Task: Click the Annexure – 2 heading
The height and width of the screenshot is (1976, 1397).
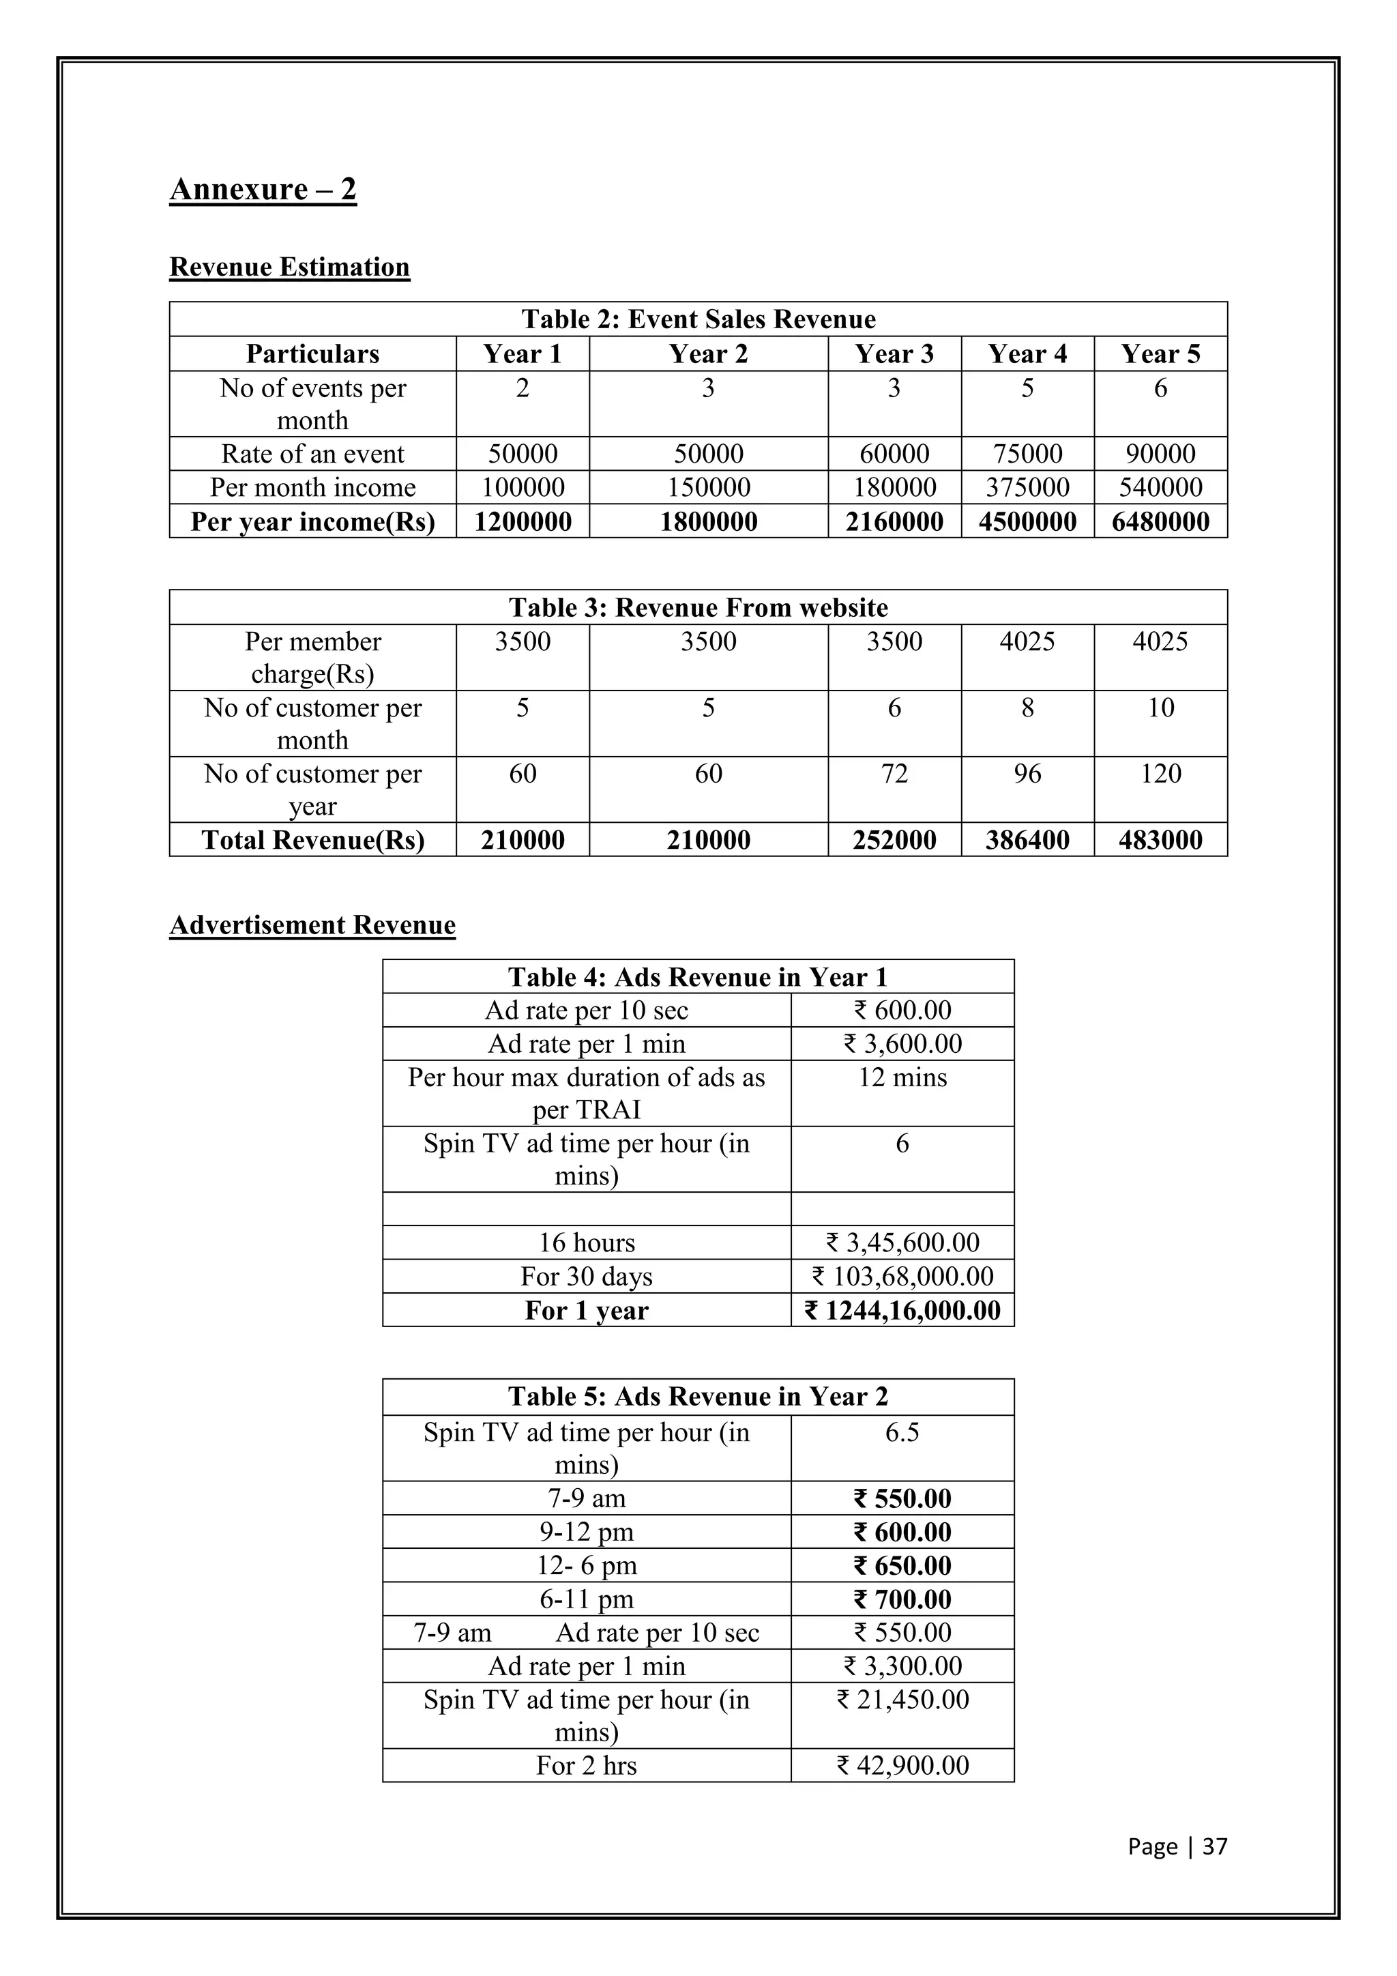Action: click(263, 189)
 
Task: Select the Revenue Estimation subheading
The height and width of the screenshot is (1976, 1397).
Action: click(289, 267)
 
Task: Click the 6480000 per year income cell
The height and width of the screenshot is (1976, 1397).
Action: click(1160, 521)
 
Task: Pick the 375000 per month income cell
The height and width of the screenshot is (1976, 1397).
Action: click(1027, 487)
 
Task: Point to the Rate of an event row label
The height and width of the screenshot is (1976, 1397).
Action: click(312, 454)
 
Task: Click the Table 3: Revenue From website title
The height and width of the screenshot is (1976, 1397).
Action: click(698, 607)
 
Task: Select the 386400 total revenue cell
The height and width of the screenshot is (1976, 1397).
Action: click(1027, 840)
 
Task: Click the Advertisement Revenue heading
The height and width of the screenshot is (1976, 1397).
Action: click(312, 925)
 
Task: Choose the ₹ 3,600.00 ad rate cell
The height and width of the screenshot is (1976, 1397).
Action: click(902, 1044)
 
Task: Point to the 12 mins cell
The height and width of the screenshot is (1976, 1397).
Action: click(902, 1077)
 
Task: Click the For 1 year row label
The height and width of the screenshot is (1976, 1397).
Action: click(586, 1311)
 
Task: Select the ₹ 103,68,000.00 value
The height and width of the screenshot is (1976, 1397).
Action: click(902, 1277)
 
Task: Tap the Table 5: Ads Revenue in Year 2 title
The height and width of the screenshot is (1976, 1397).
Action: click(698, 1397)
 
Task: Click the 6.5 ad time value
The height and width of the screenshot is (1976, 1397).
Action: click(902, 1433)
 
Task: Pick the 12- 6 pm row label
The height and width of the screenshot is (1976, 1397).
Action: click(586, 1565)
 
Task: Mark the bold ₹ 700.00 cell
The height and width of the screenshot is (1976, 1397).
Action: click(902, 1599)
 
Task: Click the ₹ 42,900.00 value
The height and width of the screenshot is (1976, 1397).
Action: click(902, 1765)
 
